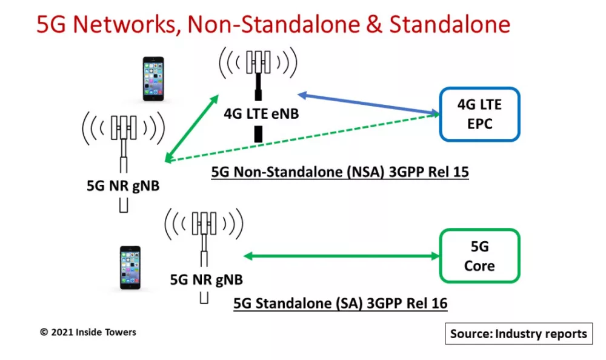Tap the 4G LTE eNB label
(x=261, y=114)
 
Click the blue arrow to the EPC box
(x=368, y=104)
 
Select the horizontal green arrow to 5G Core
(x=342, y=256)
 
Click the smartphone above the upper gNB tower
(x=153, y=79)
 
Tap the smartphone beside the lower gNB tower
(x=130, y=268)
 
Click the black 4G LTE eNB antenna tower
(x=258, y=95)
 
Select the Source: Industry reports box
(x=519, y=333)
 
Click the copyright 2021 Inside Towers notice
(x=88, y=332)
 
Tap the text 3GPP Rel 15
(x=428, y=172)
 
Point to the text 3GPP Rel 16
(x=407, y=303)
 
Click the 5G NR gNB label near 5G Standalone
(x=207, y=279)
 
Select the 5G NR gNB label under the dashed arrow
(x=123, y=185)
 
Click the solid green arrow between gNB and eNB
(x=191, y=128)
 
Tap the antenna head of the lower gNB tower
(x=204, y=224)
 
